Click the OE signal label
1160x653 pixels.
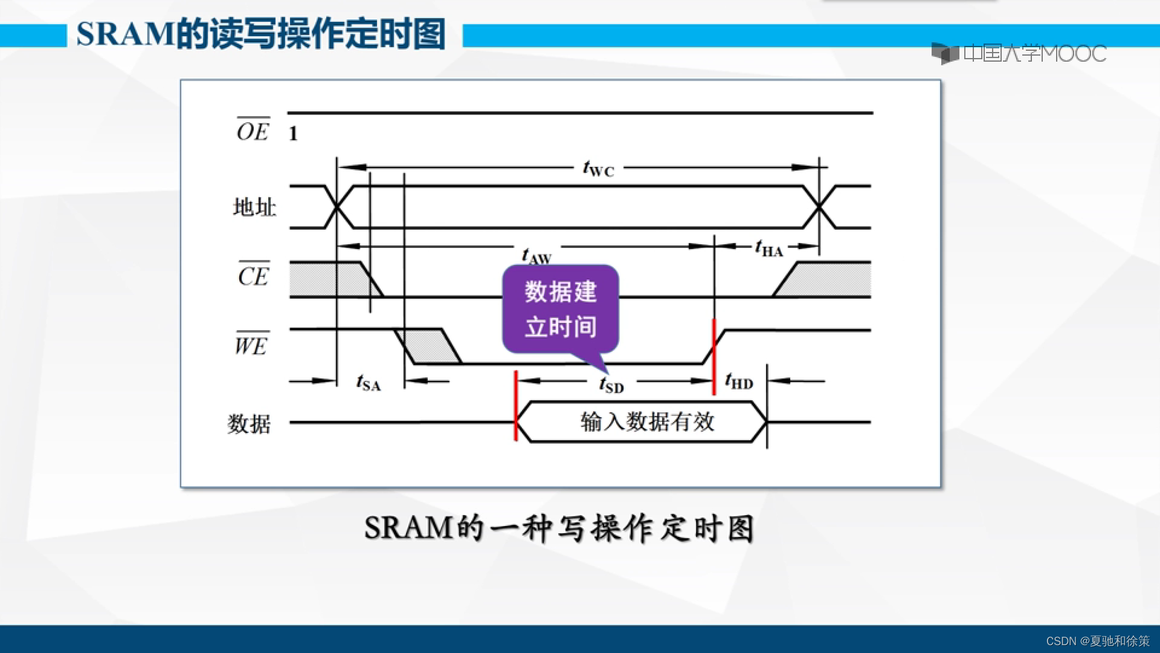tap(253, 131)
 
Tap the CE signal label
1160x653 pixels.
tap(253, 276)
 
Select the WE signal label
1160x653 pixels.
tap(251, 345)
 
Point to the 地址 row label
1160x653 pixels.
tap(254, 207)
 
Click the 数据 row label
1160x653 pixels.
tap(249, 423)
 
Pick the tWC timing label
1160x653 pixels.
tap(598, 169)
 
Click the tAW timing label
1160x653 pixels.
tap(536, 256)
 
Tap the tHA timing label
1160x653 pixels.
tap(768, 248)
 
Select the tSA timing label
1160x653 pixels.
tap(369, 383)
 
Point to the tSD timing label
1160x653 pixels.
tap(611, 385)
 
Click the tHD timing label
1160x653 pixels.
tap(739, 382)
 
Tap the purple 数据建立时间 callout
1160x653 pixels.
tap(560, 309)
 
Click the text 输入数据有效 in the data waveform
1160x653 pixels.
tap(647, 421)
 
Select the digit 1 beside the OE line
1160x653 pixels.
tap(293, 134)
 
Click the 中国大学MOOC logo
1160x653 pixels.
tap(1019, 54)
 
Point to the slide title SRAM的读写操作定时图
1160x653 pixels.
tap(261, 34)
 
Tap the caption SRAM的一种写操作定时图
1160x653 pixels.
tap(559, 528)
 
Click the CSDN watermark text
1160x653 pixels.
tap(1097, 641)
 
